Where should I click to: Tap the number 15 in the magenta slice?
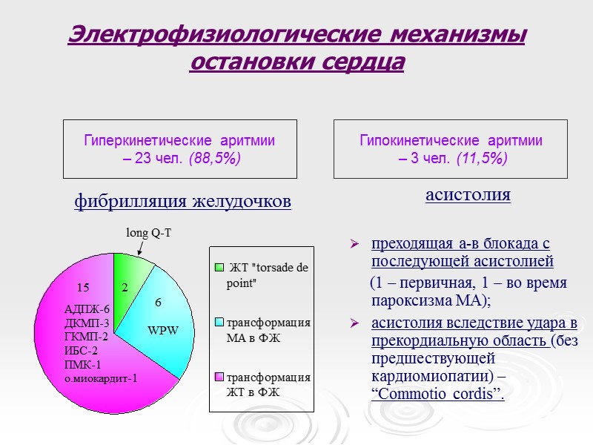click(83, 287)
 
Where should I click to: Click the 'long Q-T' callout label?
click(148, 233)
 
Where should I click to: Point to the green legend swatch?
click(219, 267)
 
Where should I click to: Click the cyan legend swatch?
click(219, 323)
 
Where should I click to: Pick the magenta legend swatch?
click(219, 377)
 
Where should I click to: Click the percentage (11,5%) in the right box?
click(482, 158)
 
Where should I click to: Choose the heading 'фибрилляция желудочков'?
click(182, 201)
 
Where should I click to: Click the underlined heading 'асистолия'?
click(468, 195)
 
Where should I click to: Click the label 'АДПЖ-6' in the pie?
click(87, 309)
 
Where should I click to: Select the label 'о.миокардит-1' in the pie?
click(101, 379)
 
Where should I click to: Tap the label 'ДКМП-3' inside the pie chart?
click(87, 323)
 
